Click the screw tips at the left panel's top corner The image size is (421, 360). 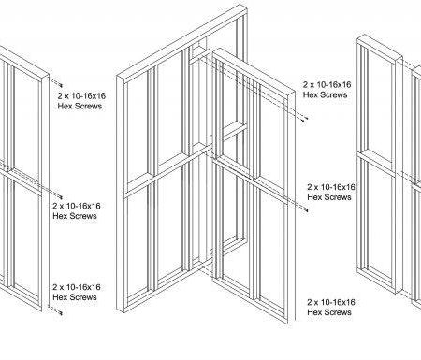[61, 85]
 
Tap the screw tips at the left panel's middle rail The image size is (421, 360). [61, 197]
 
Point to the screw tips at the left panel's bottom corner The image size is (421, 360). [61, 312]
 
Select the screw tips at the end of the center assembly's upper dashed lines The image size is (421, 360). [305, 118]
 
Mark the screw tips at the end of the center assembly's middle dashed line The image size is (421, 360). [306, 210]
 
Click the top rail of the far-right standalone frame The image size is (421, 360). [380, 49]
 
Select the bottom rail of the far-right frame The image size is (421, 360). [377, 280]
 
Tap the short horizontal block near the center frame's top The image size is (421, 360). [199, 53]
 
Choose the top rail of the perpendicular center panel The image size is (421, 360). [254, 73]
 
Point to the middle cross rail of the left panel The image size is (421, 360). [22, 180]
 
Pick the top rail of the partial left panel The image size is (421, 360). [24, 64]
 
